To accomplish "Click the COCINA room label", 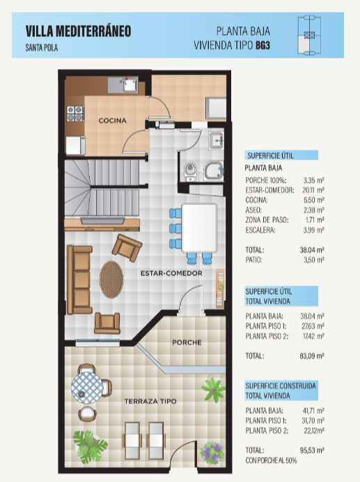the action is click(x=113, y=120).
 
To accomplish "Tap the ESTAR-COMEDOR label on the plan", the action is click(x=171, y=273).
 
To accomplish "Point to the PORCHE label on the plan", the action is click(x=187, y=343).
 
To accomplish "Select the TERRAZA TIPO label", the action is click(x=150, y=401).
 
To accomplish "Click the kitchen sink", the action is click(x=130, y=84).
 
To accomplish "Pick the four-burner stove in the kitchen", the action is click(x=76, y=114).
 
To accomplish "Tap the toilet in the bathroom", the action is click(x=190, y=171).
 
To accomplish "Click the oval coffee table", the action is click(x=111, y=279).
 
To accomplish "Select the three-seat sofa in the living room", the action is click(x=79, y=279).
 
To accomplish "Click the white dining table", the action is click(x=200, y=228).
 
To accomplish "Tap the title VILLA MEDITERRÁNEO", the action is click(x=79, y=31).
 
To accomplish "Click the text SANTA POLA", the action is click(x=42, y=47).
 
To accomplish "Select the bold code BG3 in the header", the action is click(x=263, y=45).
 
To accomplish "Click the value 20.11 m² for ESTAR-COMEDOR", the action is click(x=313, y=190).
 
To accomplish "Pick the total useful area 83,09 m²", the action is click(x=312, y=356).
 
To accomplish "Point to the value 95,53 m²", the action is click(x=312, y=451).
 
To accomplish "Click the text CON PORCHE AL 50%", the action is click(x=271, y=460).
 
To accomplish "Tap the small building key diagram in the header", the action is click(x=309, y=36).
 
